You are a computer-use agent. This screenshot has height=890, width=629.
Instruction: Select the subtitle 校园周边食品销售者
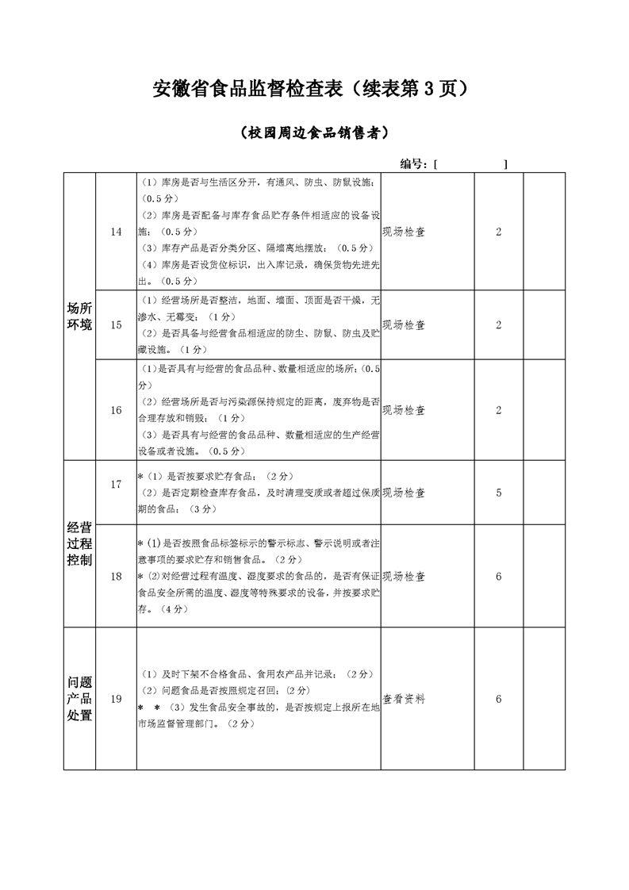point(314,133)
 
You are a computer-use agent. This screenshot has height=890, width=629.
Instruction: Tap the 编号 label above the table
point(415,163)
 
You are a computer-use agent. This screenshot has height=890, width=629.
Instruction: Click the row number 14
point(117,232)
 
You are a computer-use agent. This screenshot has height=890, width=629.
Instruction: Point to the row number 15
point(117,324)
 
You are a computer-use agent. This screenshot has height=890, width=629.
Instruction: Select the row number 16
point(117,410)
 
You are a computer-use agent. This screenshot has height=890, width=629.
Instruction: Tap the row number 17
point(117,484)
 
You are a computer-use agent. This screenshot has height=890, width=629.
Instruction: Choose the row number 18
point(117,576)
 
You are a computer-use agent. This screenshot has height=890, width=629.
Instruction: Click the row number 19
point(117,699)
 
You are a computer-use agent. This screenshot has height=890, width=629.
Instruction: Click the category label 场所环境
point(79,316)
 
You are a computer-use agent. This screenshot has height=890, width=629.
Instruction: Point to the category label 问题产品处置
point(79,698)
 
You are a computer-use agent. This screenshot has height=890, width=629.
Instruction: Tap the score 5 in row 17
point(499,493)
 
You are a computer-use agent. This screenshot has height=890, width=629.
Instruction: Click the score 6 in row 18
point(499,576)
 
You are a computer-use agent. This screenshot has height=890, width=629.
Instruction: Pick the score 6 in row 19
point(499,699)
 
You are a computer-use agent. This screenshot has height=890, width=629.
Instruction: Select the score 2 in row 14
point(499,232)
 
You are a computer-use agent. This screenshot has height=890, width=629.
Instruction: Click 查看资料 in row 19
point(404,699)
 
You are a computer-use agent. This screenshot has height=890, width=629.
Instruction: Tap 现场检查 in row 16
point(404,410)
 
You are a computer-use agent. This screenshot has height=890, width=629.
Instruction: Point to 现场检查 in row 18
point(404,576)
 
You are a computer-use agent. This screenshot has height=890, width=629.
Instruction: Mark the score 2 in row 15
point(499,324)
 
